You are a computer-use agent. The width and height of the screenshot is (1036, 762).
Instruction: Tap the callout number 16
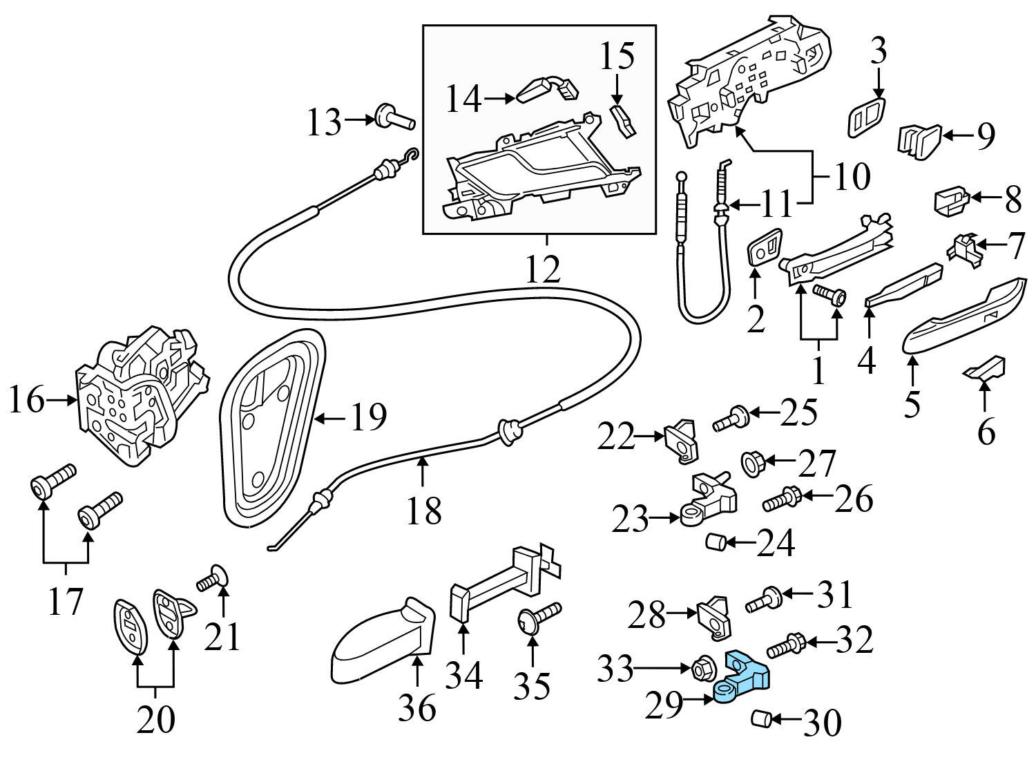pos(26,400)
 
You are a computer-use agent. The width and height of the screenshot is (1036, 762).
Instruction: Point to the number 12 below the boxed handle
pos(543,270)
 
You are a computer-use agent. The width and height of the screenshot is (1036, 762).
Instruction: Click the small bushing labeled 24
pos(715,543)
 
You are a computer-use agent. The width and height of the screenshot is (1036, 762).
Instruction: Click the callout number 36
pos(417,708)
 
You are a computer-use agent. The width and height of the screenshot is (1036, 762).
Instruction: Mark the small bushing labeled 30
pos(760,720)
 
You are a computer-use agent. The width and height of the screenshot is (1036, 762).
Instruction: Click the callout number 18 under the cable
pos(423,512)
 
